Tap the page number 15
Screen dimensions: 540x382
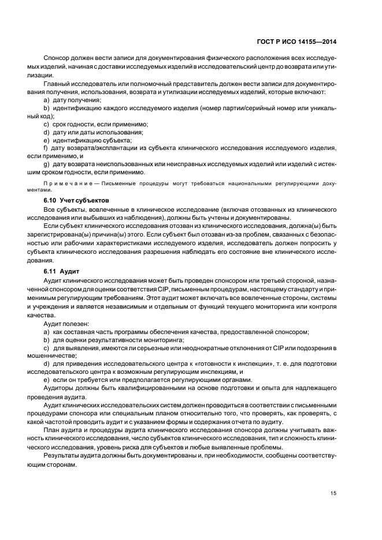(x=333, y=493)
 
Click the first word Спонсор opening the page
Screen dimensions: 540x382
(x=57, y=58)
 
